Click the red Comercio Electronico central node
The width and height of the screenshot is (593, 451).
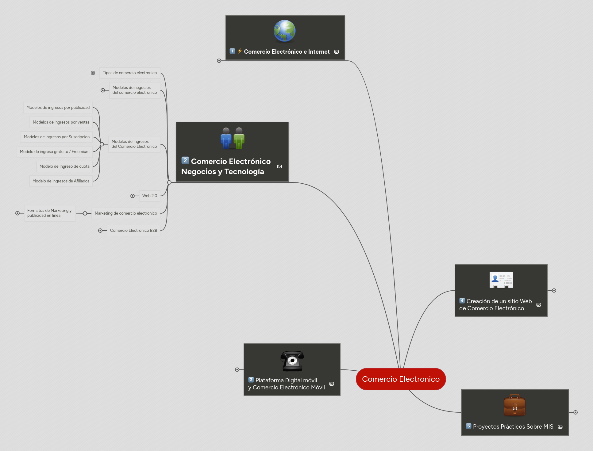pos(401,379)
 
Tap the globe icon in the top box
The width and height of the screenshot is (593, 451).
pos(284,31)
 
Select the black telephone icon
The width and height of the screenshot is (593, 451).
pos(292,361)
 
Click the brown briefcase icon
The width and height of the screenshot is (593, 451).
pos(514,405)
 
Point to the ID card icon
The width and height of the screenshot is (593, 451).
pos(501,280)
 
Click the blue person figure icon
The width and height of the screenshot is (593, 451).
pos(226,139)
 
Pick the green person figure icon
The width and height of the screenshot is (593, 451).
pos(239,139)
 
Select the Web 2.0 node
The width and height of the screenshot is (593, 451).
pos(150,196)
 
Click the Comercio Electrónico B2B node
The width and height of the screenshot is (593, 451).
pos(133,230)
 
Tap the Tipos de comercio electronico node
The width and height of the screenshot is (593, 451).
pos(130,73)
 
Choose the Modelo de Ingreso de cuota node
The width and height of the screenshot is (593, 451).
pos(64,166)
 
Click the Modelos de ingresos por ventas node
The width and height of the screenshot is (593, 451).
pos(61,122)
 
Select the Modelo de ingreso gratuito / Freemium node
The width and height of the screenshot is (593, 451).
pos(55,151)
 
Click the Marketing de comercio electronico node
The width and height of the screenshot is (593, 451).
pos(126,213)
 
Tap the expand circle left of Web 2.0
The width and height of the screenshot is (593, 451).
pos(133,196)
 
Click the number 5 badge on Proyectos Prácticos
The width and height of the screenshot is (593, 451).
pos(468,426)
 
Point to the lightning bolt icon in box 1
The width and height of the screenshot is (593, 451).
pos(240,51)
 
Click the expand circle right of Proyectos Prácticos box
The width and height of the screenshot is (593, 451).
pos(576,412)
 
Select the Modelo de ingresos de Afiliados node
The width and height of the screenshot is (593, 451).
pos(61,181)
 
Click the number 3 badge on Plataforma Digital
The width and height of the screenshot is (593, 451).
pos(251,380)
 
